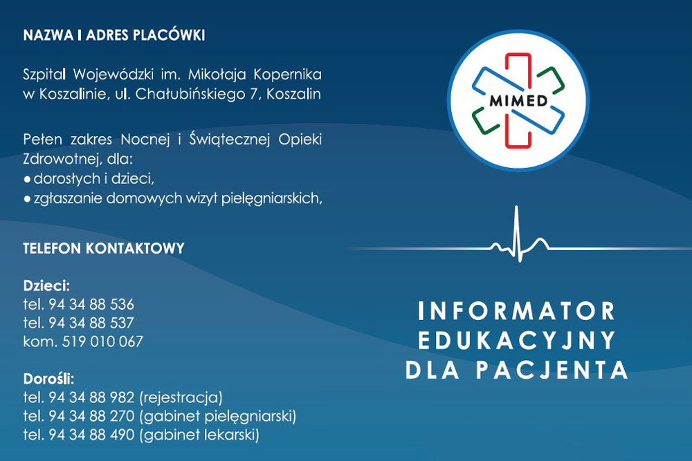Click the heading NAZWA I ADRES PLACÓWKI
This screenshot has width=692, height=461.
(x=114, y=35)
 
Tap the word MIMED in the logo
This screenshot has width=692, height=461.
(x=518, y=101)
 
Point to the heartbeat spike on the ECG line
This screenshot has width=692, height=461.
(x=517, y=234)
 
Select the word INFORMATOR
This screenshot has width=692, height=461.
(x=516, y=311)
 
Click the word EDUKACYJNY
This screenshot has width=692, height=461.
(x=516, y=340)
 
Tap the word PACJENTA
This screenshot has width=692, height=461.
(x=552, y=370)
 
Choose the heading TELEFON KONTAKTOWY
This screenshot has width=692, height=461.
(x=104, y=248)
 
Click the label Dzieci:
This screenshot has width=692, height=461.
(x=46, y=285)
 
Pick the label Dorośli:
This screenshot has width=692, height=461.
(x=48, y=379)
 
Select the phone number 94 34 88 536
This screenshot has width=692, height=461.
(x=91, y=305)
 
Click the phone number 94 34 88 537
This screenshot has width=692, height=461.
(x=91, y=323)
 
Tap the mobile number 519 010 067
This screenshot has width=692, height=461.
(x=102, y=341)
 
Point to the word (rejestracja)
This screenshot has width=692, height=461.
(x=181, y=397)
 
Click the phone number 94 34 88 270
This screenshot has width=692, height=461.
(x=91, y=416)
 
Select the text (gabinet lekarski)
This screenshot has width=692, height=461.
(x=199, y=435)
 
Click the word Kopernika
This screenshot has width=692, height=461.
(x=287, y=75)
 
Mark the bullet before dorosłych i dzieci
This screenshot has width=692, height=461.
(x=28, y=180)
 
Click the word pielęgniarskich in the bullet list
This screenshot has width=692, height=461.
(x=272, y=199)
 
